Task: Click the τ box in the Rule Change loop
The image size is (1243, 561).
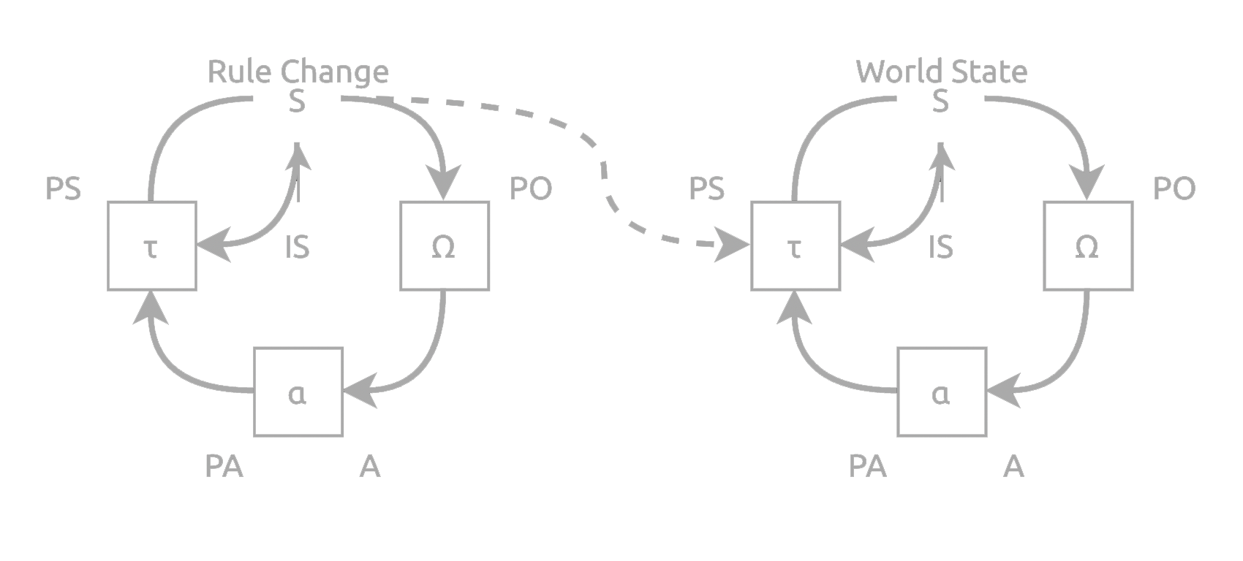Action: (152, 245)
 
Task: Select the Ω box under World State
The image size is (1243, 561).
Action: (1088, 245)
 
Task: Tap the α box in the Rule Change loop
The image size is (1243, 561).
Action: (298, 392)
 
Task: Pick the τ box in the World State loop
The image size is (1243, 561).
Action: (796, 245)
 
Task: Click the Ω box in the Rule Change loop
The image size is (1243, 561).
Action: (445, 245)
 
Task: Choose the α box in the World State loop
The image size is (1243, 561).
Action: (942, 392)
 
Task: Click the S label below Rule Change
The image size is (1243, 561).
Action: (296, 101)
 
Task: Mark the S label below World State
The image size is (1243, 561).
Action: (940, 101)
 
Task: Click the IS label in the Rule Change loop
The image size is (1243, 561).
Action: (297, 248)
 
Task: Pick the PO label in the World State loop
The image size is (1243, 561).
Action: (1174, 188)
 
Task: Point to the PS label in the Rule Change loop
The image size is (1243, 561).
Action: (63, 188)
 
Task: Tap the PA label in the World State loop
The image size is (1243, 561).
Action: (868, 465)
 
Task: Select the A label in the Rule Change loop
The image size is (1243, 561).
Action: (370, 465)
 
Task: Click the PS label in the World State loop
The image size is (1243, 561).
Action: (707, 188)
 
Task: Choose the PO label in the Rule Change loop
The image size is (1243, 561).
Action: (531, 188)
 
